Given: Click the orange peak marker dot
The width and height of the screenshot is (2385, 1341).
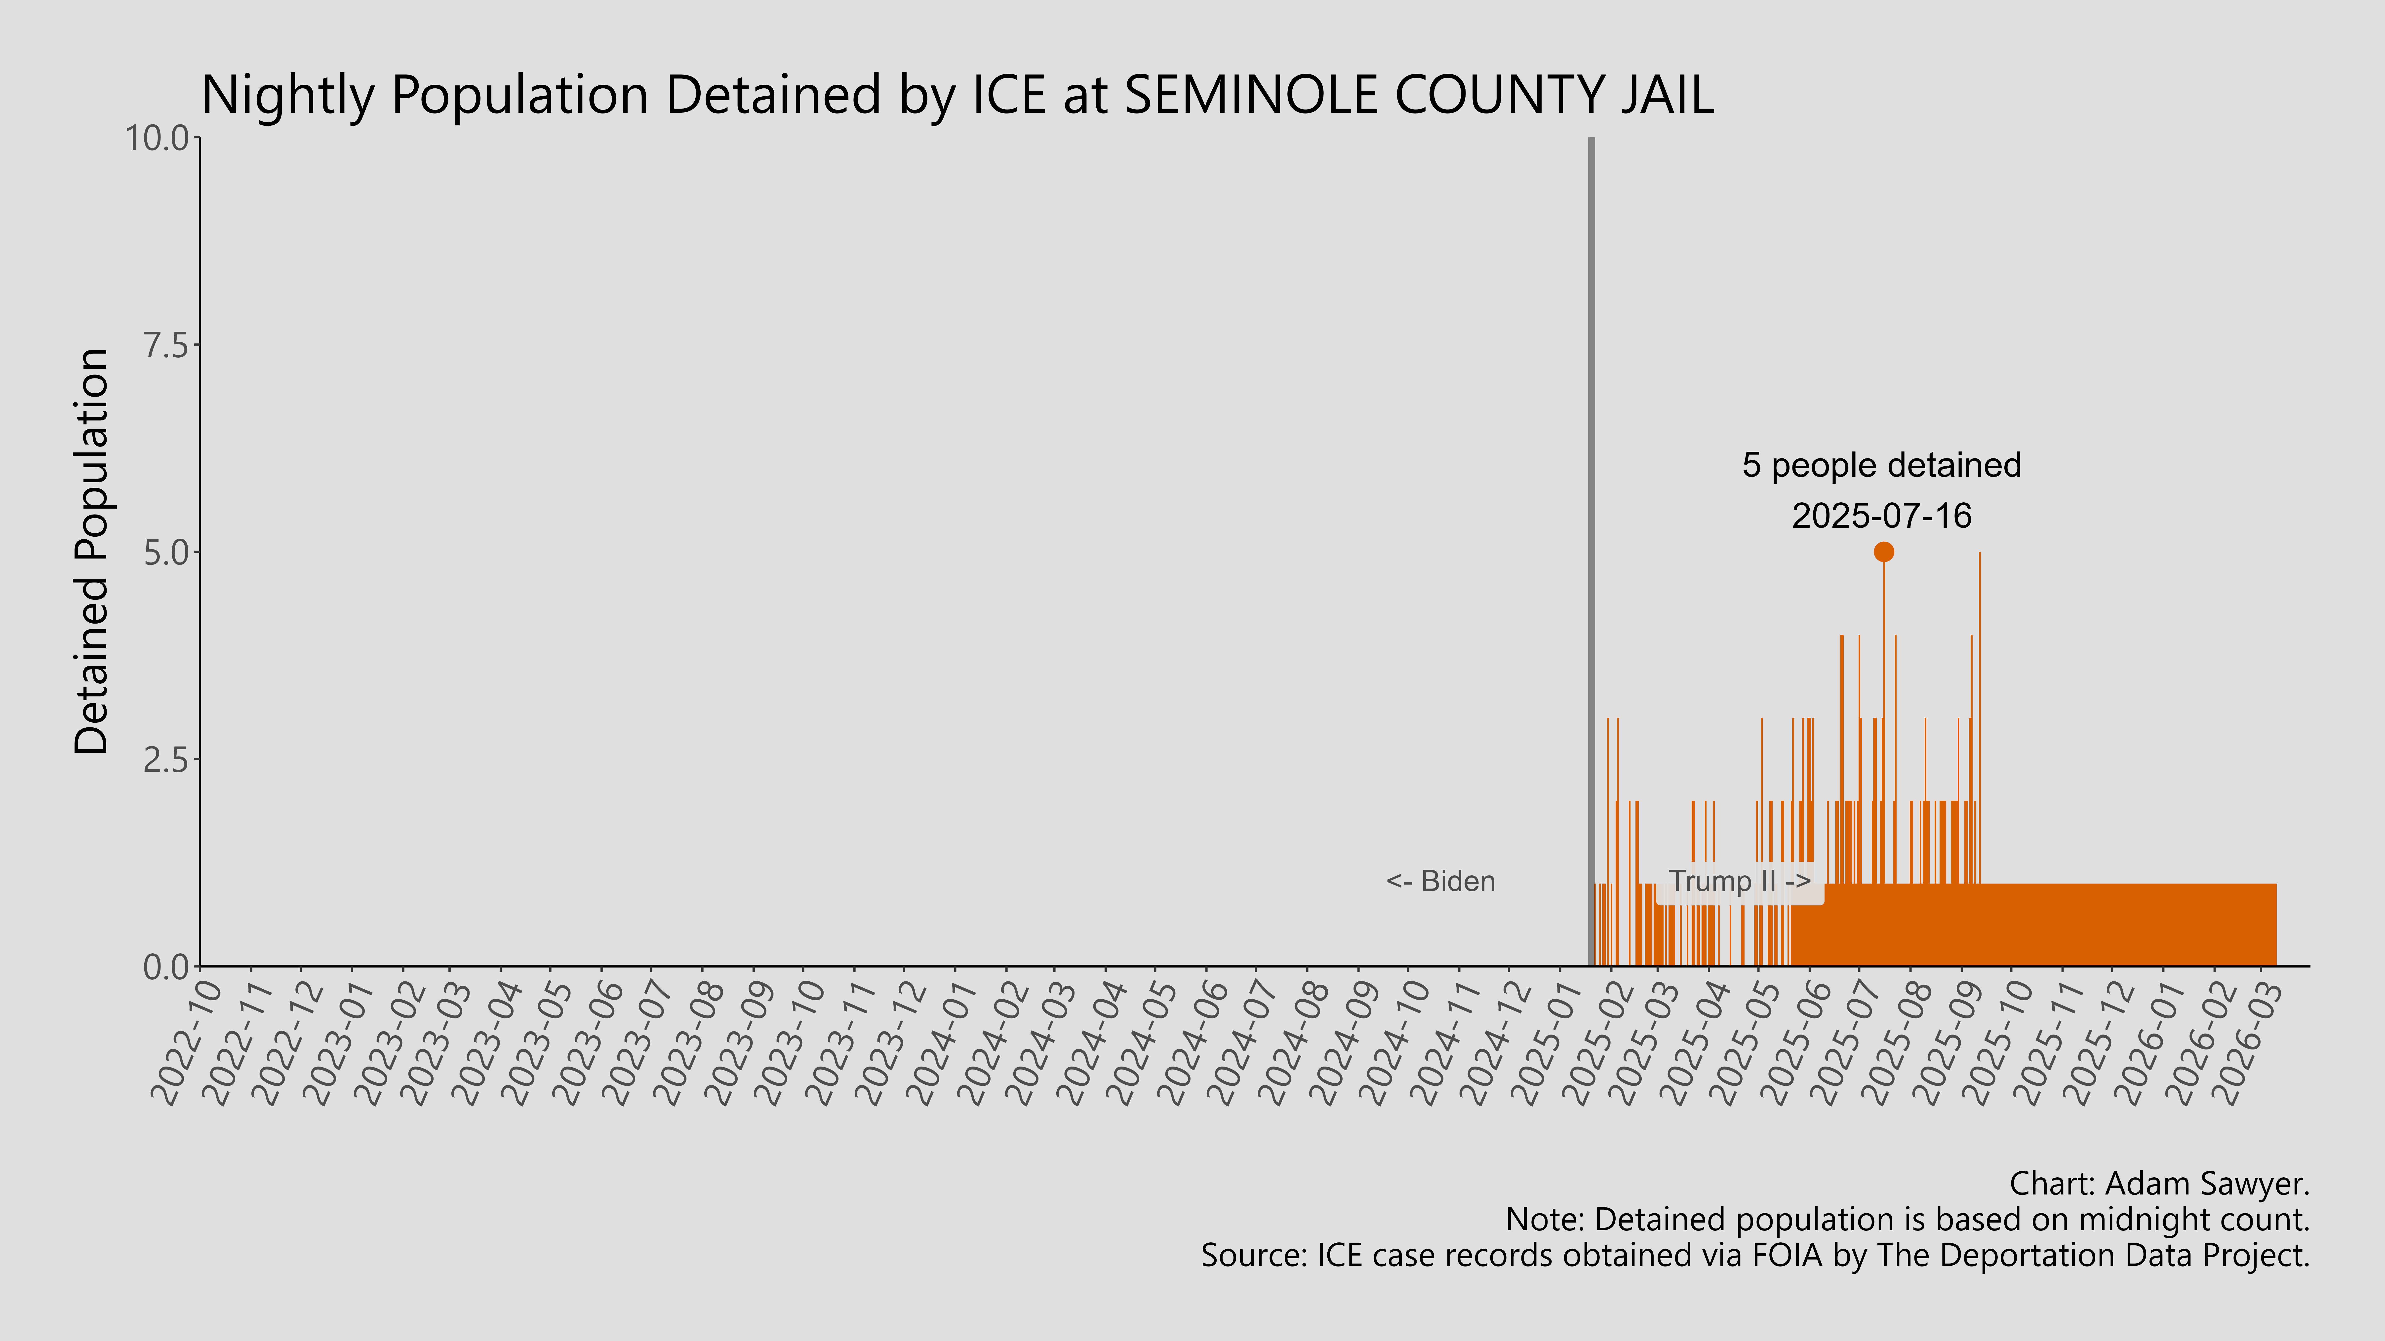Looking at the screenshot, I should tap(1883, 552).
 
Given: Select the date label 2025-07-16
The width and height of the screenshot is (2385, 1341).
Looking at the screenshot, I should tap(1881, 516).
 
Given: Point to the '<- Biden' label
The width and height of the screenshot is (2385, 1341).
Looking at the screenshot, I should tap(1441, 881).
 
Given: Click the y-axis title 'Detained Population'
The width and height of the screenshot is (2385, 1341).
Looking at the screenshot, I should tap(93, 552).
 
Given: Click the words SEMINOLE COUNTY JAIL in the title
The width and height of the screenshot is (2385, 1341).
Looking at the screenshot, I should tap(1418, 94).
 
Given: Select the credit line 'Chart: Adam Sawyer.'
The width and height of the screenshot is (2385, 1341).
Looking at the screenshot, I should tap(2159, 1184).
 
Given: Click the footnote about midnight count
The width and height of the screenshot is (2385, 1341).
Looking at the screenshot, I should tap(1907, 1220).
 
